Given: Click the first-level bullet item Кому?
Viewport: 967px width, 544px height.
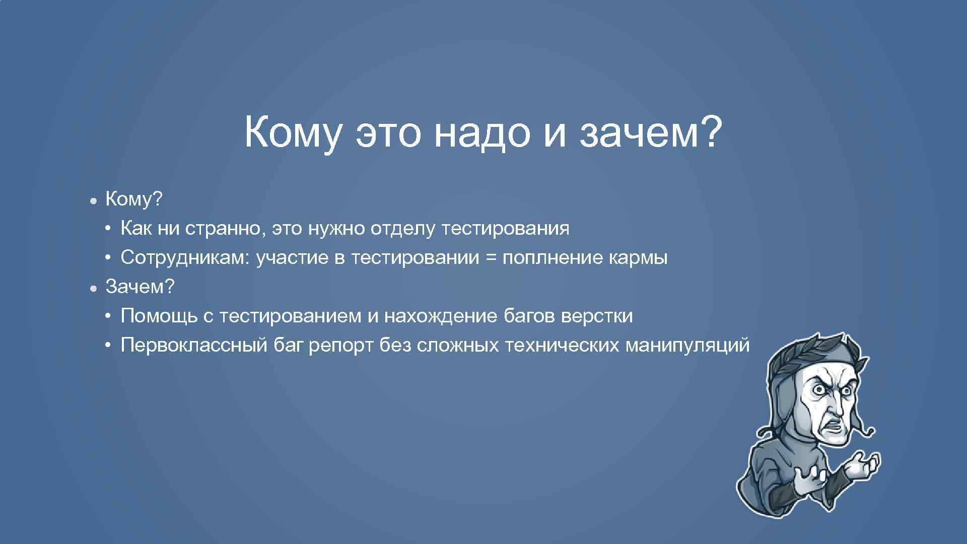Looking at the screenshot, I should [134, 199].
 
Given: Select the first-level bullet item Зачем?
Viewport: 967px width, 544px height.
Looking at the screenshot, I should [140, 287].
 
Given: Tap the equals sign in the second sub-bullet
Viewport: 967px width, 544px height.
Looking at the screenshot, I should [491, 258].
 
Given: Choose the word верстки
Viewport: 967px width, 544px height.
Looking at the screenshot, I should [597, 316].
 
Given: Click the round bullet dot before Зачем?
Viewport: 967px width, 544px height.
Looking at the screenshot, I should [94, 288].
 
